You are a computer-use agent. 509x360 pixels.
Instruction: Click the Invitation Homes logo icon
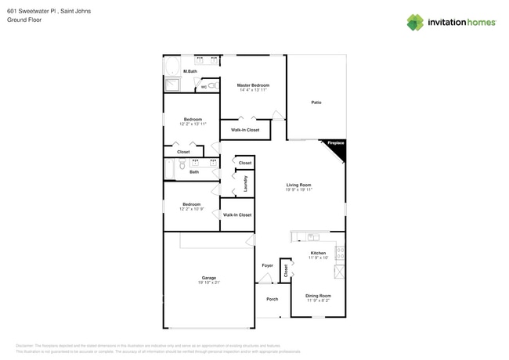click(x=415, y=22)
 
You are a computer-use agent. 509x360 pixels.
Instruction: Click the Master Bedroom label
click(x=254, y=85)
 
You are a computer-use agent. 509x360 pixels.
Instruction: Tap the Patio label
click(x=316, y=103)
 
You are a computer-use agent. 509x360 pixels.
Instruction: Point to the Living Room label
click(x=299, y=185)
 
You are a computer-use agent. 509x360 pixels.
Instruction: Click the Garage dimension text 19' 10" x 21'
click(x=209, y=283)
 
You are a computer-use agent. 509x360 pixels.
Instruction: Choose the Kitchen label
click(x=318, y=253)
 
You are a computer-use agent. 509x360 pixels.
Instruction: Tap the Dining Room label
click(x=318, y=295)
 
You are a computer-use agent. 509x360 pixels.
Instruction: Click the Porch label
click(x=273, y=299)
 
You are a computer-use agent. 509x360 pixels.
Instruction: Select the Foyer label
click(x=267, y=266)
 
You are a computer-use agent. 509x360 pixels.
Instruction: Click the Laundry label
click(x=245, y=184)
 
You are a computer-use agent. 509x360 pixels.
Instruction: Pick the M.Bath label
click(x=190, y=71)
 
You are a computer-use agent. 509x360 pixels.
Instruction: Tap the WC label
click(x=204, y=87)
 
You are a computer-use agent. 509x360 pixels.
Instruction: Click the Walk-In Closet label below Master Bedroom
click(x=245, y=130)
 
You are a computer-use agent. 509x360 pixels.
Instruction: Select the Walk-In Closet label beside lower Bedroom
click(x=237, y=214)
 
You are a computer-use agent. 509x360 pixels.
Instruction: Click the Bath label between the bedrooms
click(x=194, y=172)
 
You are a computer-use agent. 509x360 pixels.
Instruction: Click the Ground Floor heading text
click(x=24, y=20)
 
